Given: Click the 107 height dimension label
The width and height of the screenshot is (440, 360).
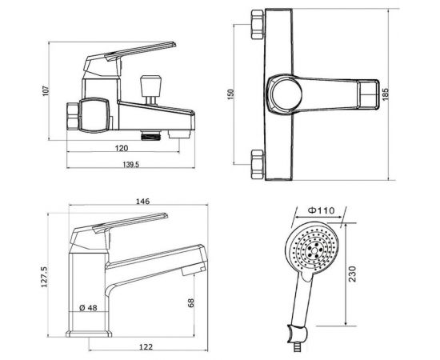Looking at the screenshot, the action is click(x=46, y=91).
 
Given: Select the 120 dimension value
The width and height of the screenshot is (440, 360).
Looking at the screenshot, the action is click(x=122, y=148).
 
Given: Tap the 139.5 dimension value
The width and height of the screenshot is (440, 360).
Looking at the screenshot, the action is click(x=131, y=165).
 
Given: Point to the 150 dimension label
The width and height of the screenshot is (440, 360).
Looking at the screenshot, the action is click(x=230, y=94).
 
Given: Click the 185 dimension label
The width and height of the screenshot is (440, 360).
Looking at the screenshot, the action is click(x=386, y=94).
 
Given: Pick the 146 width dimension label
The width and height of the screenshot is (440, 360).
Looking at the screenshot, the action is click(x=143, y=201).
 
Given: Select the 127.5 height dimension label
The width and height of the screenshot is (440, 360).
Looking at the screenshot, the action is click(x=45, y=277).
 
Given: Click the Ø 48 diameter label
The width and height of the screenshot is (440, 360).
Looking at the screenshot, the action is click(x=88, y=308).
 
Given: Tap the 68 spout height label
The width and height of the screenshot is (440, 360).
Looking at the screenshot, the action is click(x=191, y=303).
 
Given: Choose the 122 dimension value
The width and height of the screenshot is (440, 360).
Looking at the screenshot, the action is click(x=146, y=347).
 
